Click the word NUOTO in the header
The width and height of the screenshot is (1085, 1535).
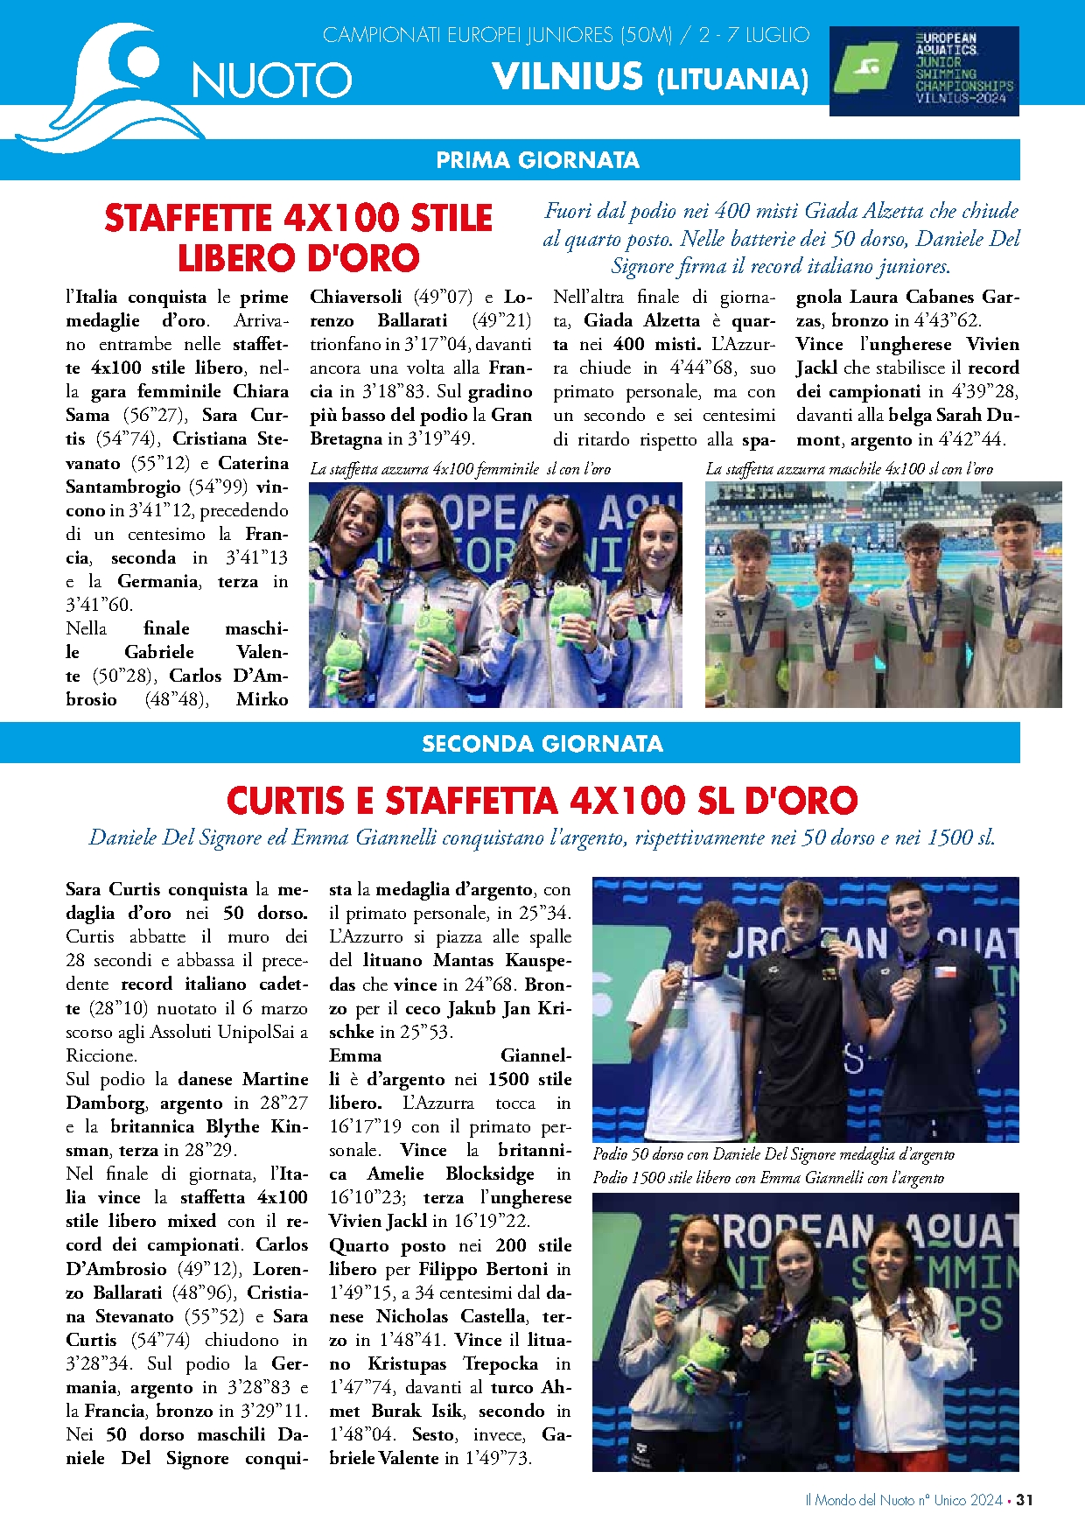point(272,81)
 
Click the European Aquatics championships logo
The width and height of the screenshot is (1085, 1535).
point(924,71)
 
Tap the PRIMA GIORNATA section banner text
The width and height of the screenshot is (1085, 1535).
point(537,160)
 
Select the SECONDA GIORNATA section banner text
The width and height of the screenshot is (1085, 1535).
point(542,744)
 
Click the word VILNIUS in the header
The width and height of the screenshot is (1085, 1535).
point(568,77)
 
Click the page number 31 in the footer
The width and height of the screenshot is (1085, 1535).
point(1025,1500)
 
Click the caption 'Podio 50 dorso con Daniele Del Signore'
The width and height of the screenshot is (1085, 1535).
point(773,1154)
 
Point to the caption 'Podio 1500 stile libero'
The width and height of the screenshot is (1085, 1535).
point(768,1178)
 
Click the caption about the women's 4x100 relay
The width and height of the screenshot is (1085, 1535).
point(460,469)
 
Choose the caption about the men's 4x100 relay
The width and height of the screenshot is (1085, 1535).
point(849,469)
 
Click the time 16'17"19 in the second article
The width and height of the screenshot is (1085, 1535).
point(365,1126)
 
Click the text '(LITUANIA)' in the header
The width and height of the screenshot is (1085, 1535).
point(732,81)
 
